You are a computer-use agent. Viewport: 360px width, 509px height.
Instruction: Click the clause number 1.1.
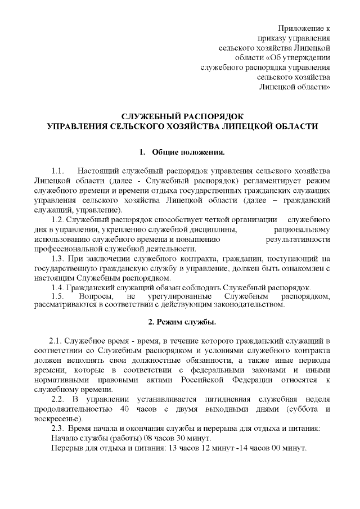pos(58,170)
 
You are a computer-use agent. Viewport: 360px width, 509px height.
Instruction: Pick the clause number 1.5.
pos(58,296)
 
